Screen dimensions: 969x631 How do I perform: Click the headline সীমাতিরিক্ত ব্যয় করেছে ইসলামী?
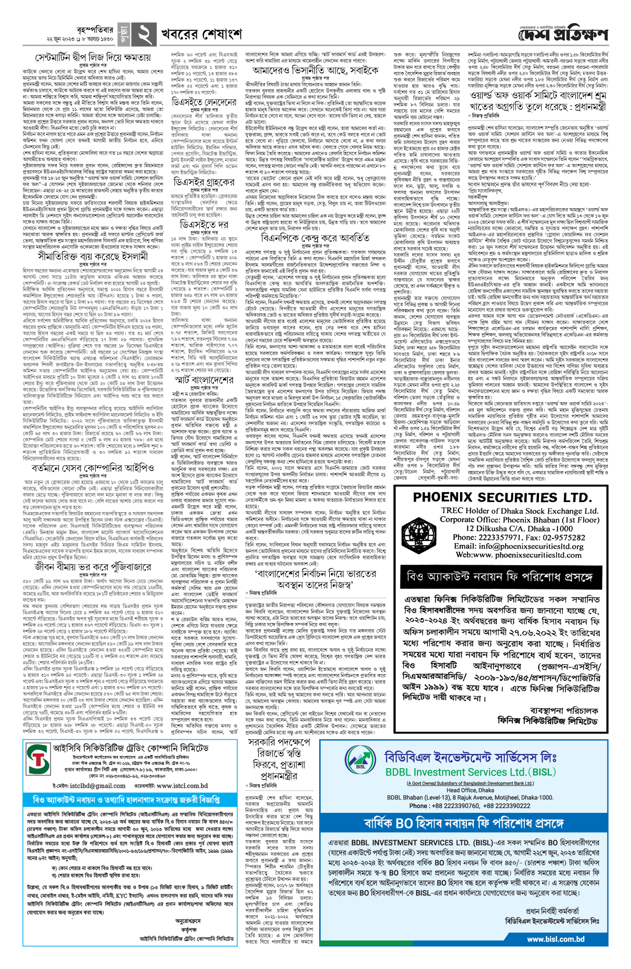coord(93,256)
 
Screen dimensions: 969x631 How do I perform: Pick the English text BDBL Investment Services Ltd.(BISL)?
coord(470,772)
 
